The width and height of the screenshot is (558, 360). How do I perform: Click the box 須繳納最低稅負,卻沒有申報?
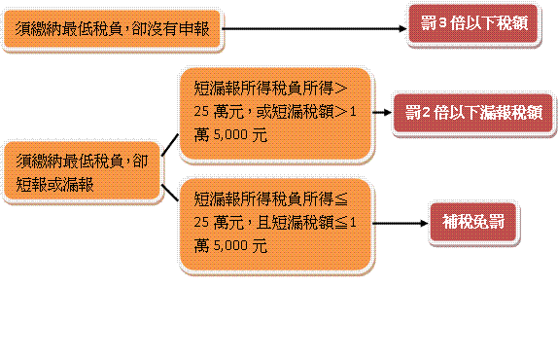pyautogui.click(x=112, y=30)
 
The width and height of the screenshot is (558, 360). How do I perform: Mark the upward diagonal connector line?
pyautogui.click(x=169, y=145)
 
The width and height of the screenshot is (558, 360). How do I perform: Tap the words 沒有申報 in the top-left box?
pyautogui.click(x=180, y=30)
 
